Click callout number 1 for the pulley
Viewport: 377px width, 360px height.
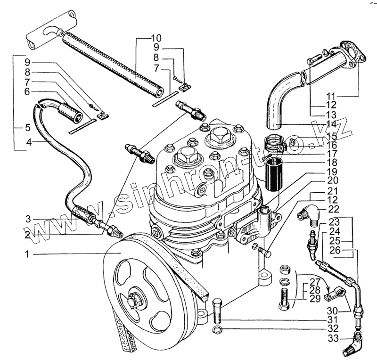coord(27,254)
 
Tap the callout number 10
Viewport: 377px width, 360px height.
coord(156,38)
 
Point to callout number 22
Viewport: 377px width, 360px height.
coord(334,209)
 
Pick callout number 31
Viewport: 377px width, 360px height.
coord(333,319)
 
